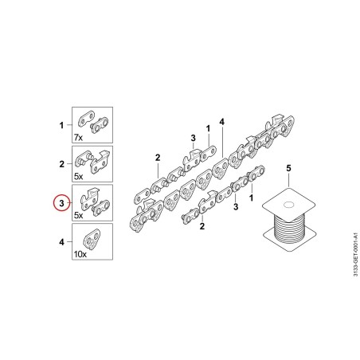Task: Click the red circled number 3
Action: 61,203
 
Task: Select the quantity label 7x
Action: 78,138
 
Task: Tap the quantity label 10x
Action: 80,254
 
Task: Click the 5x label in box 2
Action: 78,177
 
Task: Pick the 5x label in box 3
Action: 78,215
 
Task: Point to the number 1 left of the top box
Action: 61,125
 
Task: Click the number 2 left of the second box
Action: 61,164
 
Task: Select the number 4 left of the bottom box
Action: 61,242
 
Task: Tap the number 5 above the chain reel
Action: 288,168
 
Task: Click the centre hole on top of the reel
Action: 288,205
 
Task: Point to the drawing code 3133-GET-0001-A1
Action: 355,254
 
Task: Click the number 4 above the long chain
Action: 222,122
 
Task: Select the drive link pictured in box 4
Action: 92,240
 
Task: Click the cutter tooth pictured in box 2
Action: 100,161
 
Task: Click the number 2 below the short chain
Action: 202,226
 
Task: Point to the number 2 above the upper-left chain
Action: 158,158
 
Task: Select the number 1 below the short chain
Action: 251,198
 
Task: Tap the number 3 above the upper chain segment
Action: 193,138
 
